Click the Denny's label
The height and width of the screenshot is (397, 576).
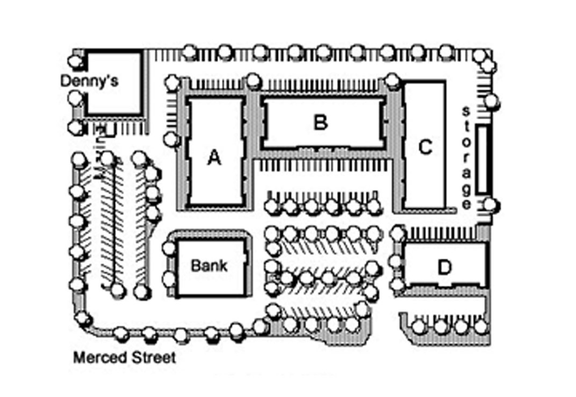[89, 81]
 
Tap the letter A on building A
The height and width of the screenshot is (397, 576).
[214, 158]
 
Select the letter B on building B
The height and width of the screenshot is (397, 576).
[320, 122]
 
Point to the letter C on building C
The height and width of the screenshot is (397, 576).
[425, 146]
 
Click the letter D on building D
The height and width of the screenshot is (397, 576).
[444, 267]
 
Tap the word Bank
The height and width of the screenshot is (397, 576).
[209, 266]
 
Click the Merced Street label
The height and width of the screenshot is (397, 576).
[124, 357]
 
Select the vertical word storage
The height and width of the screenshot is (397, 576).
[467, 157]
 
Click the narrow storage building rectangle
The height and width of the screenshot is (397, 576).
[483, 159]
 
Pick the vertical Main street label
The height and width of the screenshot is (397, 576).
[100, 153]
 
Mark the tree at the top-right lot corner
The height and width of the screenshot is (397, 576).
[481, 55]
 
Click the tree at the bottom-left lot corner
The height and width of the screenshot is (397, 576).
[82, 318]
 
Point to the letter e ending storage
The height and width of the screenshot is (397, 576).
[467, 203]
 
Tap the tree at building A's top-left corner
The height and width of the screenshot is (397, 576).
[172, 83]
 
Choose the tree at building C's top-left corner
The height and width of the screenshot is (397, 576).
[393, 81]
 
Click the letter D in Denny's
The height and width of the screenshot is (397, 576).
[66, 81]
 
